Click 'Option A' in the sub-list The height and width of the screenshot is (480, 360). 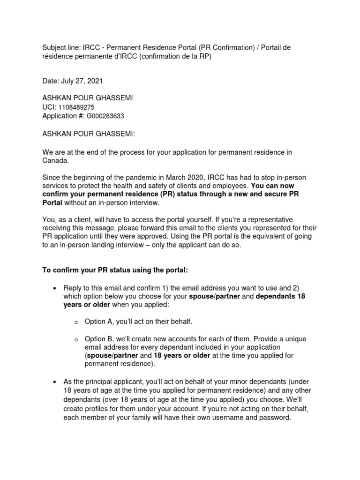click(x=100, y=322)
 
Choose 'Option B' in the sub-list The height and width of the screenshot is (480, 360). click(x=100, y=338)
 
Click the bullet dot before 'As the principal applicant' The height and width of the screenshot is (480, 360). click(x=55, y=382)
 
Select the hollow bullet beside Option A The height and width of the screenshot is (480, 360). click(x=76, y=322)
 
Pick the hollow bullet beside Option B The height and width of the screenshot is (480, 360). click(x=76, y=339)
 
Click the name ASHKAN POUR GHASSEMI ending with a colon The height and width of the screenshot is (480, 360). click(x=89, y=134)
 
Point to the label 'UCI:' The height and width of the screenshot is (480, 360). click(x=49, y=107)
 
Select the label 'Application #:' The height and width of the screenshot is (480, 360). click(x=63, y=116)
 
